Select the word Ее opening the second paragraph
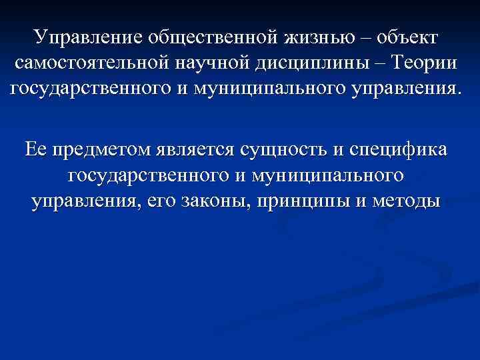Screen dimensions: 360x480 [x=35, y=151]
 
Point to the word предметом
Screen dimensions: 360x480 [x=99, y=151]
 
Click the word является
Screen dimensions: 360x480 [x=197, y=151]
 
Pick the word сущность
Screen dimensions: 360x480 [x=290, y=151]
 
